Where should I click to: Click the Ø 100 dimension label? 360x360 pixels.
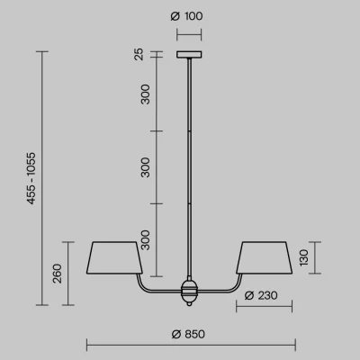pos(186,16)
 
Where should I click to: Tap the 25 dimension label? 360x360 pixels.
pos(139,54)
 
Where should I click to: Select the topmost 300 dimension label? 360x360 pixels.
pos(145,94)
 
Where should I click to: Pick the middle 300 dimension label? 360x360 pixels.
pos(145,167)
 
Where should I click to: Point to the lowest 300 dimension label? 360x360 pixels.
pos(145,240)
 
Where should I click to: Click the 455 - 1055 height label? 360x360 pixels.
pos(31,178)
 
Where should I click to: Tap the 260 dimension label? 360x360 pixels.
pos(57,274)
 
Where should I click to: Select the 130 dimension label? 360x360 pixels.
pos(303,257)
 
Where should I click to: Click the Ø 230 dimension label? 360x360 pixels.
pos(261,295)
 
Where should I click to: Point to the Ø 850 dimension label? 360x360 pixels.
pos(188,334)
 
